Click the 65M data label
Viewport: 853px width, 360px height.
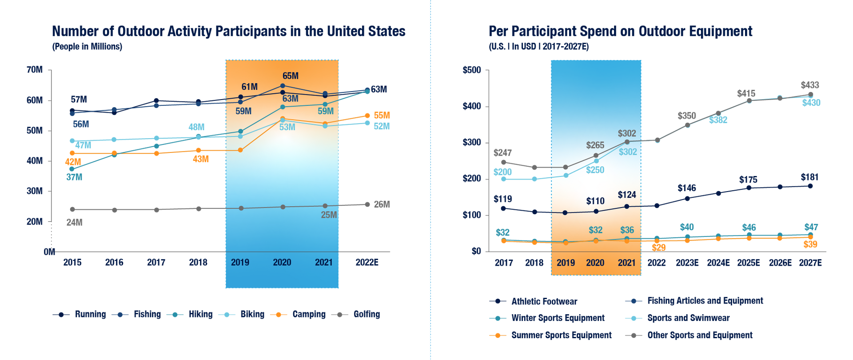(291, 76)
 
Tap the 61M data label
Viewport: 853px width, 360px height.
(250, 87)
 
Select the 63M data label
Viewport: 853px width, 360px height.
(290, 99)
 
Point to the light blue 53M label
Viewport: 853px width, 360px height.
(287, 127)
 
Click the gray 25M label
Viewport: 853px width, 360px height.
(329, 215)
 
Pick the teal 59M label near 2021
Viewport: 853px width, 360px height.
(326, 111)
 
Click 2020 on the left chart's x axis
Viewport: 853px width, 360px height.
(282, 262)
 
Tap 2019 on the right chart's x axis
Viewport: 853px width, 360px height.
(566, 263)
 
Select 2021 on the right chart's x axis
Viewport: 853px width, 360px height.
(627, 263)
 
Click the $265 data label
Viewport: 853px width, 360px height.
(595, 145)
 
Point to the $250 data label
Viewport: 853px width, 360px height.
(595, 170)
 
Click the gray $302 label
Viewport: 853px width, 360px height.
(627, 133)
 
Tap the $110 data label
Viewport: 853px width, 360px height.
(595, 201)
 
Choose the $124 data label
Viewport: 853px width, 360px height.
(627, 195)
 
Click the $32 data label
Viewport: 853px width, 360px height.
(595, 230)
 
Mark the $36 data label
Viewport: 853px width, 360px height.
(627, 230)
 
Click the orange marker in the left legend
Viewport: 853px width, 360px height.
(279, 315)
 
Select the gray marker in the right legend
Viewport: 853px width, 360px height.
(634, 336)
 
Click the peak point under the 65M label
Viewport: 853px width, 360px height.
(283, 86)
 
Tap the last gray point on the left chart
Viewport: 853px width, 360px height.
(367, 204)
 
